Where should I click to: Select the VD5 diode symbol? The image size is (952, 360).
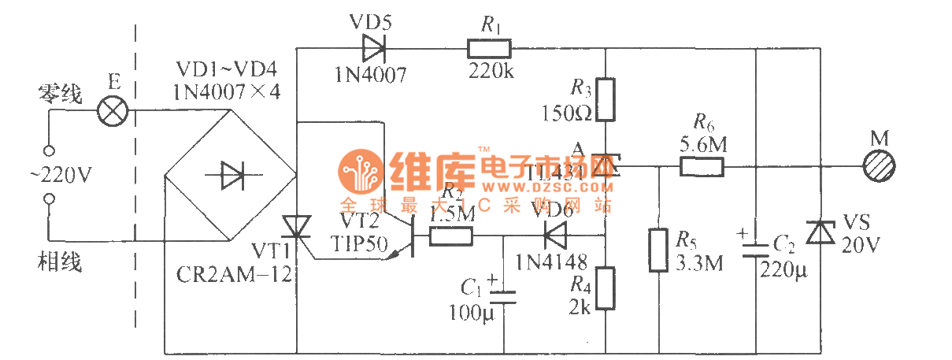click(x=373, y=49)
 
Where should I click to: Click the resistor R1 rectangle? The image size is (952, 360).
click(x=489, y=50)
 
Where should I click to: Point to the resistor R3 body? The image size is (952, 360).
click(x=605, y=99)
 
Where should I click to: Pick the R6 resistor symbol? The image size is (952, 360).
click(x=702, y=166)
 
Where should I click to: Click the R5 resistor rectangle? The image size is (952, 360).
click(x=658, y=250)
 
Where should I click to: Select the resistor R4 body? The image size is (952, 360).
click(x=605, y=288)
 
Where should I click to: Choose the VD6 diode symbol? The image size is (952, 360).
click(x=555, y=234)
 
